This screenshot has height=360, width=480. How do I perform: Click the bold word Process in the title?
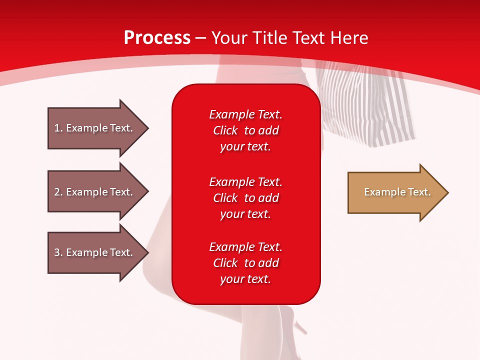pyautogui.click(x=157, y=38)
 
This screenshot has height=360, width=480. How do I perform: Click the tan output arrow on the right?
pyautogui.click(x=395, y=192)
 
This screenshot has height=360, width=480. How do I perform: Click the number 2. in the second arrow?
pyautogui.click(x=58, y=192)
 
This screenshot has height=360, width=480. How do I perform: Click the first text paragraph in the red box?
pyautogui.click(x=245, y=130)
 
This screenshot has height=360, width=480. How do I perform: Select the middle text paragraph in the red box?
pyautogui.click(x=245, y=198)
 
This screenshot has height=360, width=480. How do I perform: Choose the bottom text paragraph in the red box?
pyautogui.click(x=245, y=263)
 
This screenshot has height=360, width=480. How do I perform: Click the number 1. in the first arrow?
pyautogui.click(x=58, y=128)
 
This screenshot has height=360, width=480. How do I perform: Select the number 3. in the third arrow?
pyautogui.click(x=58, y=252)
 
